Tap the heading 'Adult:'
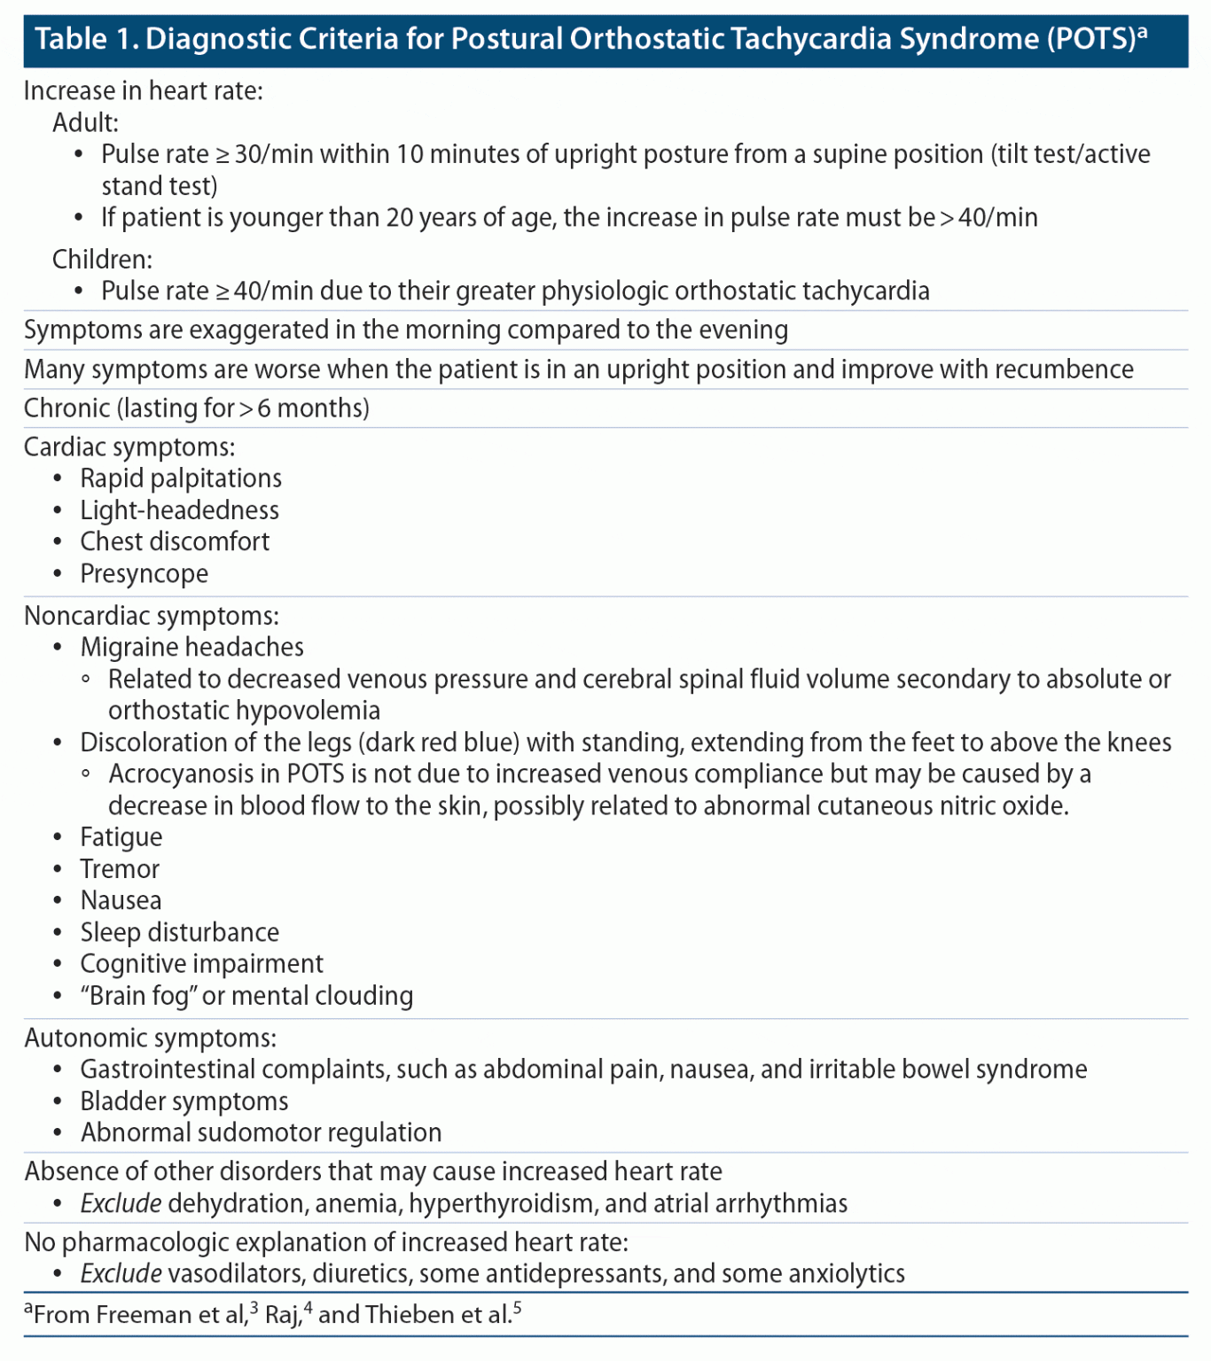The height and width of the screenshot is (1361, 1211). pyautogui.click(x=85, y=122)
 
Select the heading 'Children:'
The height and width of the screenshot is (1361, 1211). pyautogui.click(x=102, y=259)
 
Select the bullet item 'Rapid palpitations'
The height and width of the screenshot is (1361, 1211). pyautogui.click(x=181, y=478)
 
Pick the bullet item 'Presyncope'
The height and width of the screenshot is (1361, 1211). pyautogui.click(x=145, y=573)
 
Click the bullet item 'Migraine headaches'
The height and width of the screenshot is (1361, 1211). pyautogui.click(x=191, y=647)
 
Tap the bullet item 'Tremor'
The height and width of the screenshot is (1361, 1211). pyautogui.click(x=120, y=868)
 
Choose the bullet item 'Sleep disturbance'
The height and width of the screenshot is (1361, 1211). pyautogui.click(x=179, y=932)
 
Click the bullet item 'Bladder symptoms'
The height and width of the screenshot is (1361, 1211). pyautogui.click(x=184, y=1100)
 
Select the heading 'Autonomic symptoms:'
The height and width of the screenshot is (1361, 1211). pyautogui.click(x=150, y=1038)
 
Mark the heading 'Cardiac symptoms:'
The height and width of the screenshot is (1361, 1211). pyautogui.click(x=129, y=447)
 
